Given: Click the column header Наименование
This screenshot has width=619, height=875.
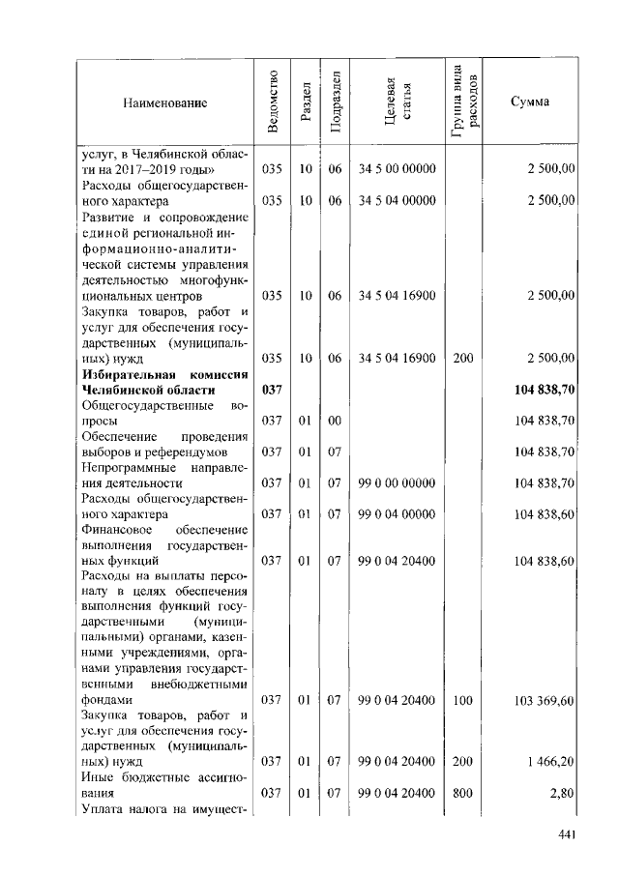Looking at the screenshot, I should click(x=164, y=103).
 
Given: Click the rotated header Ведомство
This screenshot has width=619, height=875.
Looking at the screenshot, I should click(x=272, y=102).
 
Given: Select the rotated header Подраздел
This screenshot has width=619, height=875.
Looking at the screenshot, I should click(x=335, y=102).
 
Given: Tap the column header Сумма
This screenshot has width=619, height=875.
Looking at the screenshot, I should click(x=529, y=103).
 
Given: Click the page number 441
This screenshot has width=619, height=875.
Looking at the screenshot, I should click(x=568, y=835).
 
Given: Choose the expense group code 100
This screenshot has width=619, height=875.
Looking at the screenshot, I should click(x=462, y=699).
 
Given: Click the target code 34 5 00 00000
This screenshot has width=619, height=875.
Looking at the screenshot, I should click(x=397, y=169).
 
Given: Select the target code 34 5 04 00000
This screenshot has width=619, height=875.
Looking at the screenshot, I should click(x=397, y=200).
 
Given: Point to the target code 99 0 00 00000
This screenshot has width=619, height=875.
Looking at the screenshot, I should click(x=397, y=482).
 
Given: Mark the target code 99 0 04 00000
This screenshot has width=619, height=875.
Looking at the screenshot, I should click(x=397, y=513).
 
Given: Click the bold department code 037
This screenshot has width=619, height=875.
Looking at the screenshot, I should click(x=272, y=389).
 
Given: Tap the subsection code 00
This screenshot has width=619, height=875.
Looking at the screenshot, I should click(x=335, y=421).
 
